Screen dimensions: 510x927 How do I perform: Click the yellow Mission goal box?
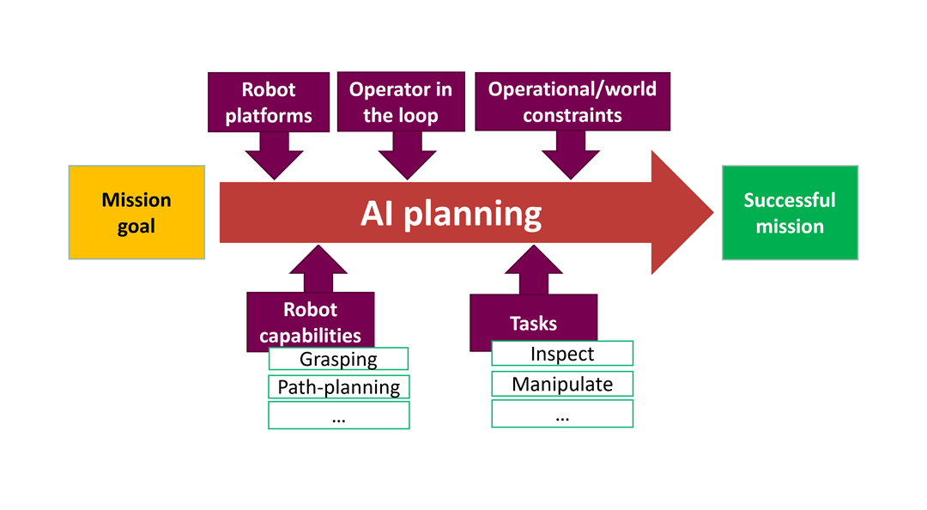pyautogui.click(x=136, y=212)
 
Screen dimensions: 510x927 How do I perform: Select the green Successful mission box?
pyautogui.click(x=790, y=213)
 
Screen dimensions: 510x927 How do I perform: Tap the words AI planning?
pyautogui.click(x=451, y=213)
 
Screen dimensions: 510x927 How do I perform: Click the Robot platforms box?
pyautogui.click(x=269, y=102)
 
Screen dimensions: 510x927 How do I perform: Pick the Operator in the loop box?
pyautogui.click(x=401, y=102)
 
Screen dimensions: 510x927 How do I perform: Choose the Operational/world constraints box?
pyautogui.click(x=572, y=102)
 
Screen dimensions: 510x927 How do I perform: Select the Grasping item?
pyautogui.click(x=338, y=359)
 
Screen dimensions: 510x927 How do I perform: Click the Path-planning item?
pyautogui.click(x=338, y=387)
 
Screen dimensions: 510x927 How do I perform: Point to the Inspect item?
pyautogui.click(x=562, y=354)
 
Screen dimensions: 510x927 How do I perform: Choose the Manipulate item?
pyautogui.click(x=562, y=384)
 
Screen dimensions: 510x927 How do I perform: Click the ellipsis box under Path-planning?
pyautogui.click(x=338, y=416)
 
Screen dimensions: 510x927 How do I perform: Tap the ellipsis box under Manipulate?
pyautogui.click(x=562, y=414)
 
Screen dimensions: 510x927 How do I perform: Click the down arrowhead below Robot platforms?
pyautogui.click(x=274, y=161)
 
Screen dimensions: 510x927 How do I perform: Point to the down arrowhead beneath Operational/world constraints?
pyautogui.click(x=571, y=161)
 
